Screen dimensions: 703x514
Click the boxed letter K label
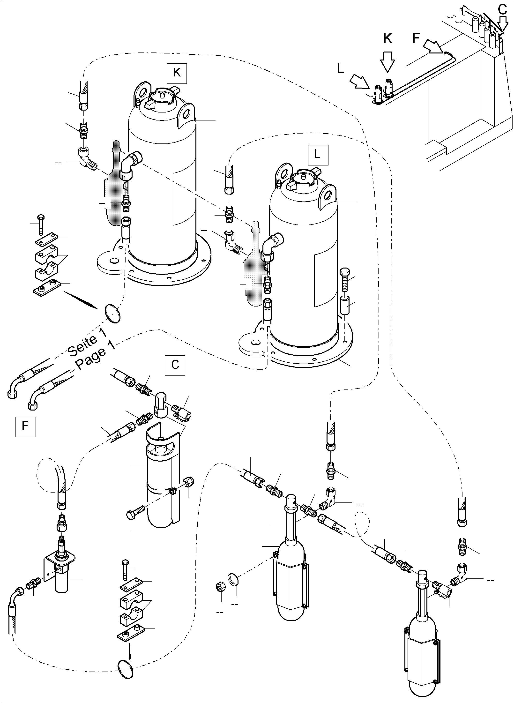pyautogui.click(x=176, y=73)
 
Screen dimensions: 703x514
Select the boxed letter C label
pyautogui.click(x=175, y=365)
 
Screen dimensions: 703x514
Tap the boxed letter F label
pyautogui.click(x=25, y=426)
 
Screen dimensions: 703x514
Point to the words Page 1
pyautogui.click(x=95, y=355)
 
